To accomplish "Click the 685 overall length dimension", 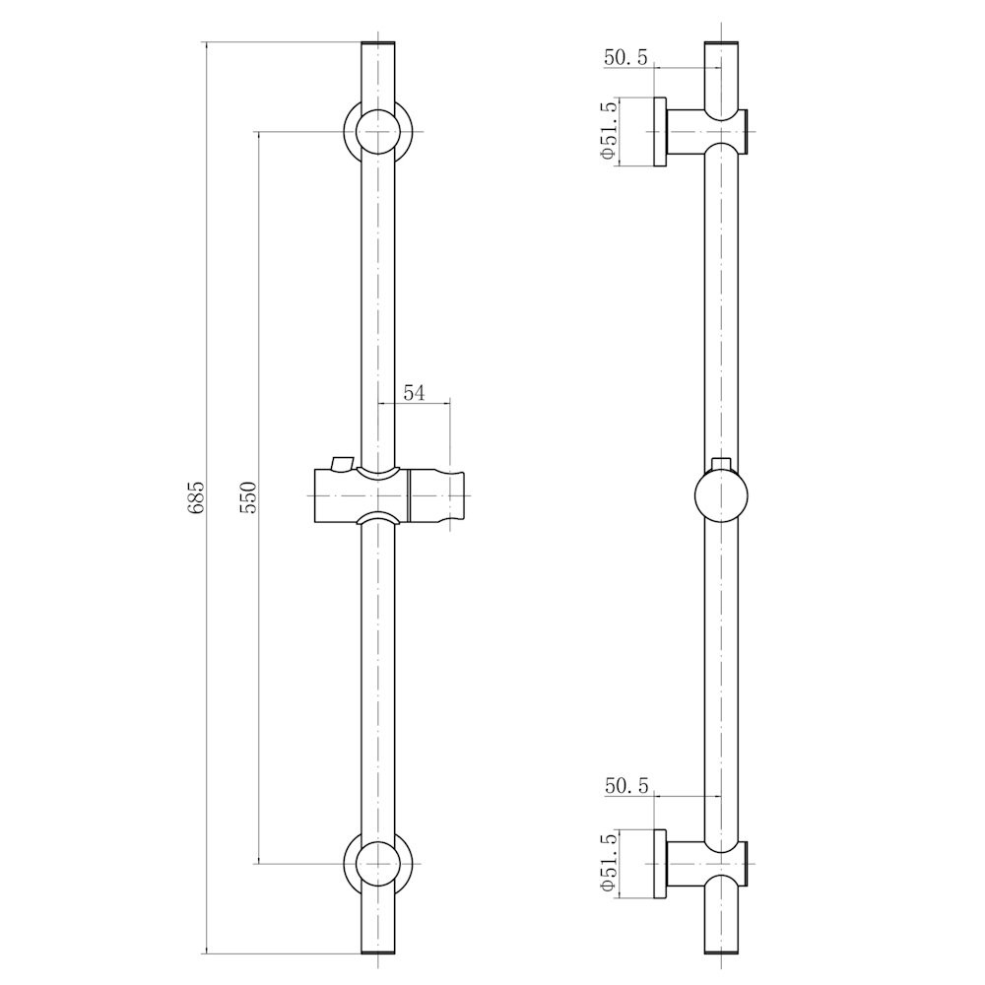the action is (x=196, y=498).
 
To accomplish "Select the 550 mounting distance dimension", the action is (x=249, y=498).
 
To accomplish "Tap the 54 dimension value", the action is (x=414, y=393).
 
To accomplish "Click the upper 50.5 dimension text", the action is (x=625, y=58).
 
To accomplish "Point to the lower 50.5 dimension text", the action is (x=626, y=786).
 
